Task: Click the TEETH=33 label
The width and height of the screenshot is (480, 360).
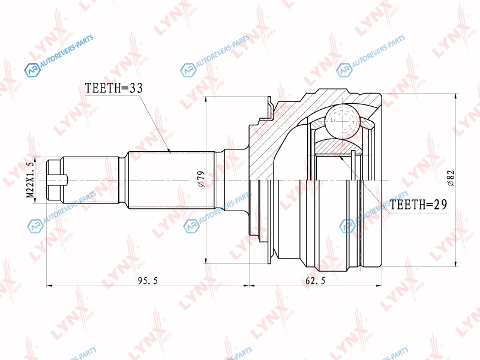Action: pyautogui.click(x=113, y=88)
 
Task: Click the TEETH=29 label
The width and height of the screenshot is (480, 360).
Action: pyautogui.click(x=418, y=204)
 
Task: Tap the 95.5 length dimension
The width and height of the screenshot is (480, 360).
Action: pyautogui.click(x=148, y=280)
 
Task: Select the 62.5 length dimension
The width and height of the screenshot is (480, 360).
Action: pyautogui.click(x=316, y=280)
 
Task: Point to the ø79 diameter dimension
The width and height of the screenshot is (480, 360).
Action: pyautogui.click(x=201, y=179)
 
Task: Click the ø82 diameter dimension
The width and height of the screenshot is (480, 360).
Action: pyautogui.click(x=451, y=178)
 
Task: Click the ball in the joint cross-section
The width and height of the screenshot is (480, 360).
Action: pyautogui.click(x=341, y=121)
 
